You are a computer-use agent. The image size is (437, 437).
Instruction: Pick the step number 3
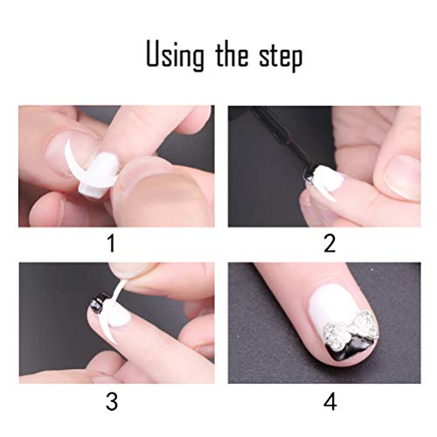click(111, 400)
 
